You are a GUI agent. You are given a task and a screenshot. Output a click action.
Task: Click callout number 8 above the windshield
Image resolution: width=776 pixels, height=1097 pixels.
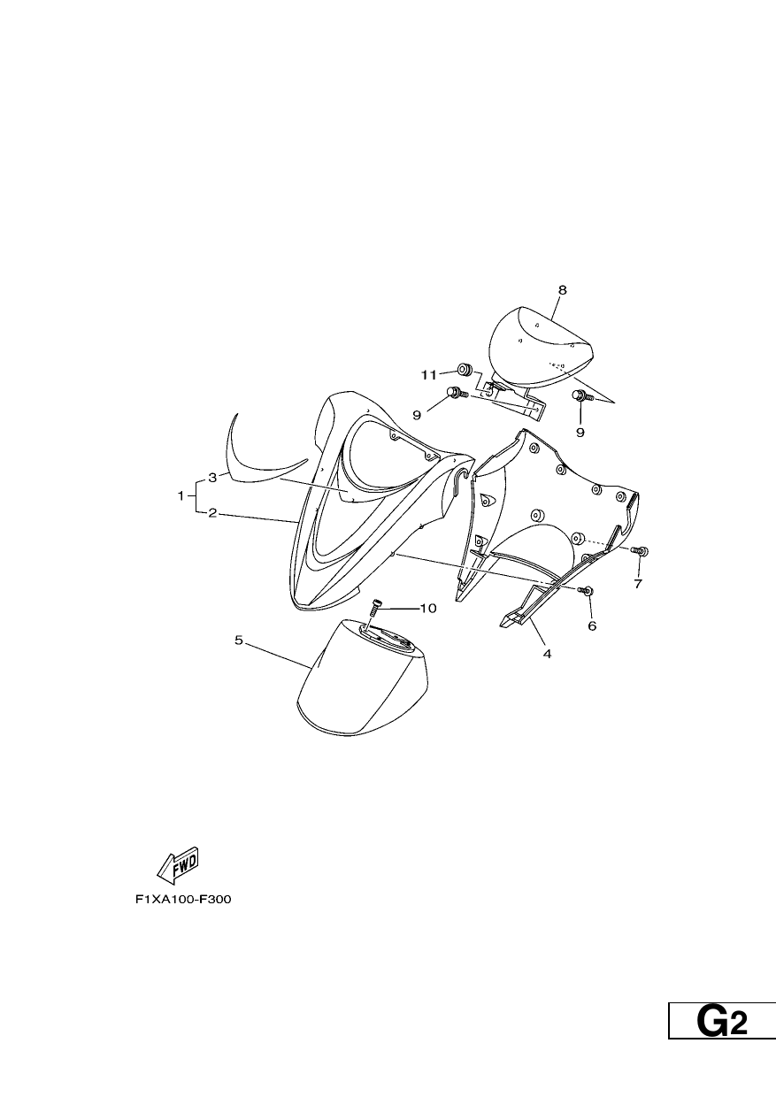562,290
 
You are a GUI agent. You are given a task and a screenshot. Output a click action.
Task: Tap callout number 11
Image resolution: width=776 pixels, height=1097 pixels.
428,375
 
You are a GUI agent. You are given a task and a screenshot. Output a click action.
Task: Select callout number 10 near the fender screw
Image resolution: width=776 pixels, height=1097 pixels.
428,608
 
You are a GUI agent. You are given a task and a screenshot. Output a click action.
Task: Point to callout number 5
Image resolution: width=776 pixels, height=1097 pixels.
239,641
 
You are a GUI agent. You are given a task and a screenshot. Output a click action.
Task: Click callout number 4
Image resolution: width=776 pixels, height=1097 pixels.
547,653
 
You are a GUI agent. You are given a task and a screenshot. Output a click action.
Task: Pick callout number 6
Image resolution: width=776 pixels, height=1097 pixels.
592,625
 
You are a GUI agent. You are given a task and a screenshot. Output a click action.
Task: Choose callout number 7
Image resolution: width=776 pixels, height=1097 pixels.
638,584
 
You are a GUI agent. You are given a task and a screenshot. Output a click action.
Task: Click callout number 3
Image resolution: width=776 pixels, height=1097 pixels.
212,478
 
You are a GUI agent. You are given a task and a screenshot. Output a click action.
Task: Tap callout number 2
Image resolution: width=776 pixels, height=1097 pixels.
212,513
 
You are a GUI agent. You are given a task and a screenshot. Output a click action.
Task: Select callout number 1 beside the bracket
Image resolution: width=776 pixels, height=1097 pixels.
181,495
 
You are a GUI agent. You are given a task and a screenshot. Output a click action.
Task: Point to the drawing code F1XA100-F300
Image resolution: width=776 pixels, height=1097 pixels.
183,900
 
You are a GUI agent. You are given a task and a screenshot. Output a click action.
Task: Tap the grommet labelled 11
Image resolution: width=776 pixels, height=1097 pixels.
464,368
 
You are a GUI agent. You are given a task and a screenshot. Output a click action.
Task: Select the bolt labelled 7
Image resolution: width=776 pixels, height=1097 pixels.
640,550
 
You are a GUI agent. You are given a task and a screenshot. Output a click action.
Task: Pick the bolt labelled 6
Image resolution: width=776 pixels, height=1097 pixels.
587,590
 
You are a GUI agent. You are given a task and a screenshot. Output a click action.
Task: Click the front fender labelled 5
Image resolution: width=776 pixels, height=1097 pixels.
363,684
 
